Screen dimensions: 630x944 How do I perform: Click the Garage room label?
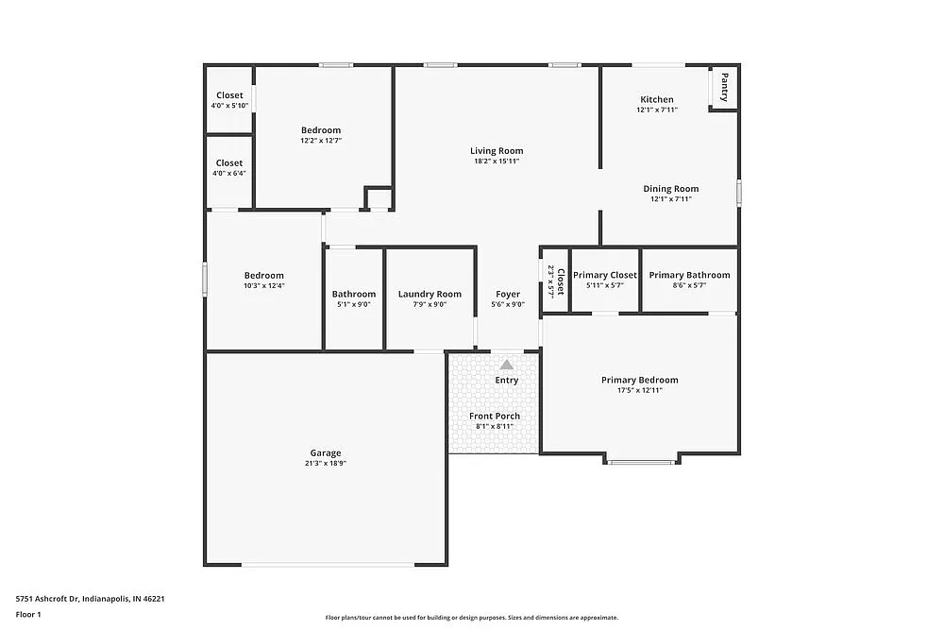click(x=326, y=453)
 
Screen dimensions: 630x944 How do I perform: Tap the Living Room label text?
click(x=497, y=151)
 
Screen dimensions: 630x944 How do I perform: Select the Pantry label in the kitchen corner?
click(x=724, y=88)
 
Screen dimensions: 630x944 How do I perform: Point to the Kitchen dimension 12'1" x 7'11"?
click(x=657, y=111)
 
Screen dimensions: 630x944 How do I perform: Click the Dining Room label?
click(x=671, y=189)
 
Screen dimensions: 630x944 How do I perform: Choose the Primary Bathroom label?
click(x=689, y=275)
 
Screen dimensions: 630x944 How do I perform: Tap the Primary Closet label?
click(x=605, y=275)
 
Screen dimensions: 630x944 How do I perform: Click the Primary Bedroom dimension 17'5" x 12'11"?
click(x=639, y=390)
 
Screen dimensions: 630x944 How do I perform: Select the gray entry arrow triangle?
click(x=507, y=365)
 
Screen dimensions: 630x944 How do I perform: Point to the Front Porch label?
click(x=495, y=416)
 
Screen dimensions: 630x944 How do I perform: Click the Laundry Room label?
click(x=430, y=294)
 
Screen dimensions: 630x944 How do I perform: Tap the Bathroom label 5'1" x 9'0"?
click(x=354, y=304)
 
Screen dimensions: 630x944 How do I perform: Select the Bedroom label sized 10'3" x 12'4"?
click(x=263, y=276)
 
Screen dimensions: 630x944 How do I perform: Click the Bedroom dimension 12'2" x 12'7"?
click(x=321, y=141)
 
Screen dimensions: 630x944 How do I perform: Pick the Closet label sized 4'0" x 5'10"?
click(x=229, y=95)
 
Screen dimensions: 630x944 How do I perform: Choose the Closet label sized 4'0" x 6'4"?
click(x=229, y=163)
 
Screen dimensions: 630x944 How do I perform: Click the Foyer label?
click(x=508, y=294)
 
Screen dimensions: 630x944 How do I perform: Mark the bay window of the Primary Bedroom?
click(x=642, y=461)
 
